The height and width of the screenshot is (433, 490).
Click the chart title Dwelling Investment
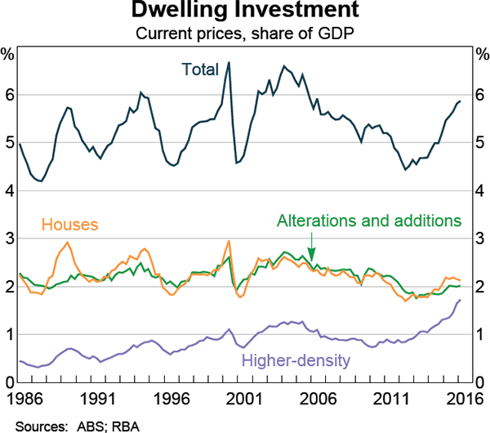coord(245,12)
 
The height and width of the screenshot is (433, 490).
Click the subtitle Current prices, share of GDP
coord(245,33)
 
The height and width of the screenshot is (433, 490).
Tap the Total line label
coord(201,69)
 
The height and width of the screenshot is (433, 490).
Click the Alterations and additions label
coord(370,221)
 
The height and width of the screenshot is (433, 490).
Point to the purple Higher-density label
coord(296,359)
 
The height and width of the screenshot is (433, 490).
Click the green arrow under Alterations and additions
coord(311,249)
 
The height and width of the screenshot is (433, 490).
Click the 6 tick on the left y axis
coord(8,95)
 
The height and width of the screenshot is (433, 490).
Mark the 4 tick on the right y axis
coord(480,191)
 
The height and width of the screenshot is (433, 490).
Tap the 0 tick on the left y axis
coord(8,382)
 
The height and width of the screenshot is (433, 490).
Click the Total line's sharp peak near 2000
coord(229,62)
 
